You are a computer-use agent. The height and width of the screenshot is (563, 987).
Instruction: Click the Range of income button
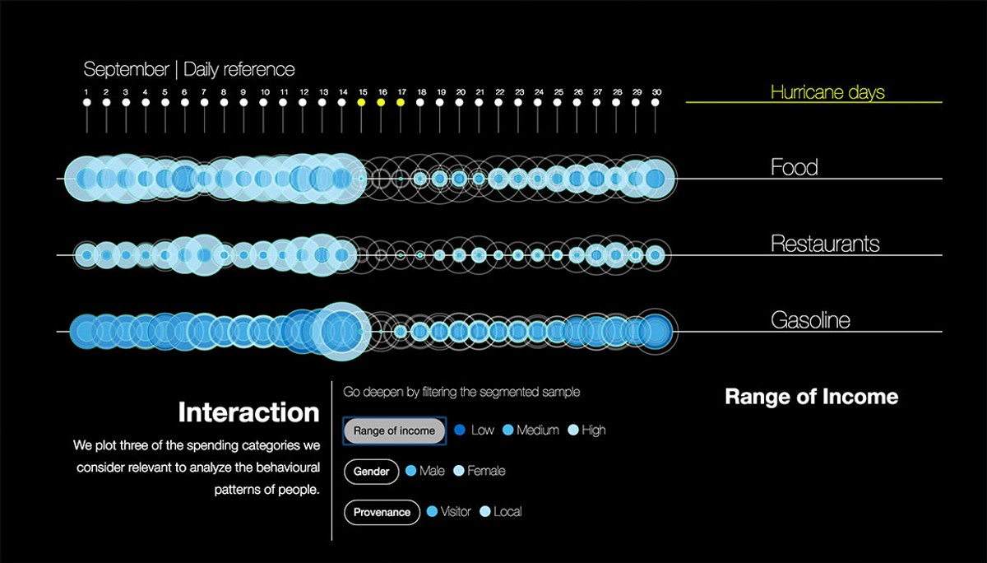point(394,430)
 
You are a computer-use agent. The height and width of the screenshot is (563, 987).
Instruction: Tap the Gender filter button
point(372,472)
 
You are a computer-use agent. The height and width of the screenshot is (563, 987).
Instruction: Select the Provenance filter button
point(382,512)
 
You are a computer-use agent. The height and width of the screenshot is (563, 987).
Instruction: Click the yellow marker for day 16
point(381,103)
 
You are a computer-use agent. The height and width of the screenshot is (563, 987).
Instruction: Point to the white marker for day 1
point(87,103)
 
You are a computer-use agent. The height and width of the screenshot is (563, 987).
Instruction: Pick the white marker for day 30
point(656,103)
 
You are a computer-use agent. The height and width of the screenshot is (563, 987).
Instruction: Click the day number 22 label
point(500,92)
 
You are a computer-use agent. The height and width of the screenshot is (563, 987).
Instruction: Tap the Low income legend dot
point(460,430)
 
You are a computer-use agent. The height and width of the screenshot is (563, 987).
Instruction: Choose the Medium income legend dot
point(507,430)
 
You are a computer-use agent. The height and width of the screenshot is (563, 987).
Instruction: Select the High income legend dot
point(572,430)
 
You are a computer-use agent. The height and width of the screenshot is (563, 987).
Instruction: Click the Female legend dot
point(459,471)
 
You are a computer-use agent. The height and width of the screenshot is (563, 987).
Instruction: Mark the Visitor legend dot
point(433,511)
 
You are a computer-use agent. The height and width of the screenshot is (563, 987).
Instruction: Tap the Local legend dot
point(484,511)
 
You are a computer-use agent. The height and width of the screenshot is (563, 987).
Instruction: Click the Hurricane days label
point(827,92)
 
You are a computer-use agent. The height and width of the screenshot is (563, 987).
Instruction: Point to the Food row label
point(794,167)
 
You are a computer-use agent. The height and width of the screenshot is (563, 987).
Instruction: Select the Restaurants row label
point(825,244)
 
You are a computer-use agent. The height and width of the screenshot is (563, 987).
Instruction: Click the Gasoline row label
point(810,320)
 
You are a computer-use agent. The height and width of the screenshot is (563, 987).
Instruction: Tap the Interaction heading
point(248,412)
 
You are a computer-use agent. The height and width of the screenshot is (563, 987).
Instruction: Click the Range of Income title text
point(812,397)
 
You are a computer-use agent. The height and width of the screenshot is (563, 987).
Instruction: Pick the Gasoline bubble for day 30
point(656,331)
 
